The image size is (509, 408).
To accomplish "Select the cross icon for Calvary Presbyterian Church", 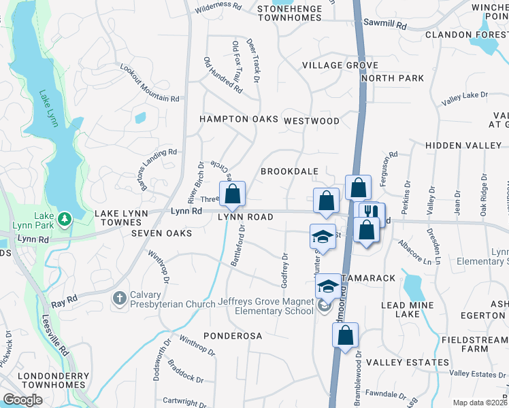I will pos(120,299).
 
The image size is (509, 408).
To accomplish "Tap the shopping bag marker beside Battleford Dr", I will pos(232,194).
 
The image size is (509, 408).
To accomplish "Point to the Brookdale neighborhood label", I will pos(290,171).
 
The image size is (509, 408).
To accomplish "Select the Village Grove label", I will pos(340,65).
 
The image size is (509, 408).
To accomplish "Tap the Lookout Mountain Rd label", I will pos(150,83).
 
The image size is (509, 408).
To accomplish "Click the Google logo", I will pos(22,400).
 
